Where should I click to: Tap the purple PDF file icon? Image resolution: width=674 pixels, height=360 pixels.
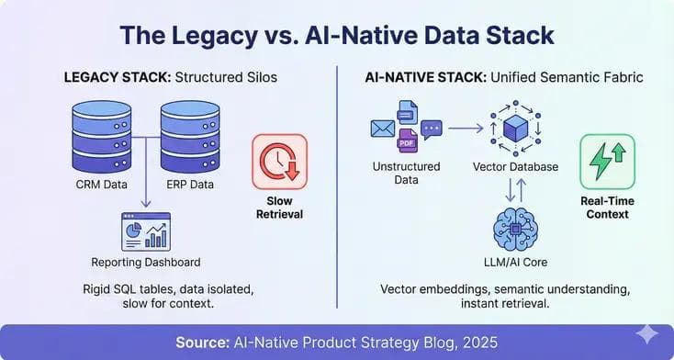(x=407, y=140)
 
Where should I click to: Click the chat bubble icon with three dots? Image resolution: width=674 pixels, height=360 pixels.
(x=431, y=129)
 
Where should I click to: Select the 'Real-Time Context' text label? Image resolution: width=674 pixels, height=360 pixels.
(x=606, y=207)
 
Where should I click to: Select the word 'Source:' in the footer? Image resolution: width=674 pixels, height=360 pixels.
(x=203, y=341)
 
